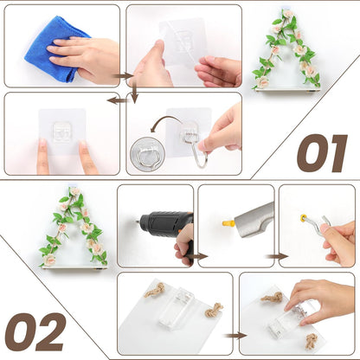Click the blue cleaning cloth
pyautogui.click(x=49, y=49)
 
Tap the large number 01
pyautogui.click(x=323, y=153)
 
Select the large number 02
pyautogui.click(x=35, y=331)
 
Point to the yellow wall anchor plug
pyautogui.click(x=228, y=223)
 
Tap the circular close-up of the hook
pyautogui.click(x=147, y=154)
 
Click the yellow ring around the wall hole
pyautogui.click(x=304, y=218)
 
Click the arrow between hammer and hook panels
pyautogui.click(x=277, y=256)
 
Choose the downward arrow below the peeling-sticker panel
pyautogui.click(x=134, y=92)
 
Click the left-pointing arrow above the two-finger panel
pyautogui.click(x=118, y=100)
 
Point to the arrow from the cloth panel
pyautogui.click(x=123, y=76)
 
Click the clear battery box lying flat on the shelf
pyautogui.click(x=177, y=309)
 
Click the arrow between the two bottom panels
pyautogui.click(x=235, y=336)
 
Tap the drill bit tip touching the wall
pyautogui.click(x=137, y=222)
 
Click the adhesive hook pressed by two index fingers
pyautogui.click(x=61, y=132)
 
